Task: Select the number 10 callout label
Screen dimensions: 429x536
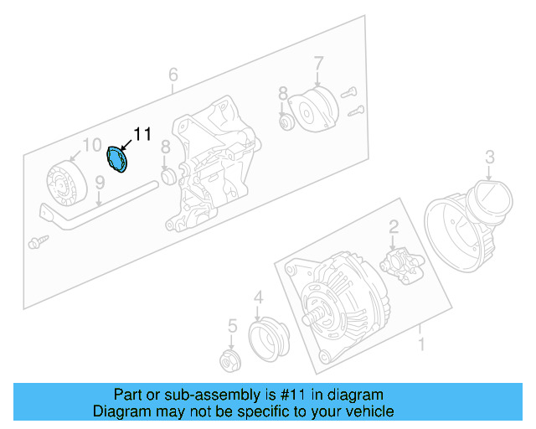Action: (92, 143)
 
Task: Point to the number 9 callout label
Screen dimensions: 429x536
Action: (99, 183)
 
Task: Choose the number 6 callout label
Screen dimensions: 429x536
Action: (173, 75)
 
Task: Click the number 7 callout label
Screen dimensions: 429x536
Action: (318, 63)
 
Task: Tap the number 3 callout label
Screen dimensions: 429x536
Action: (491, 156)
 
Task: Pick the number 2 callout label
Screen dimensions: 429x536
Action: (392, 225)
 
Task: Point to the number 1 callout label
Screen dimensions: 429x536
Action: (421, 344)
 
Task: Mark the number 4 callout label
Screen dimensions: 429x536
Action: (259, 297)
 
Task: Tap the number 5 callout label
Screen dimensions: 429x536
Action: (234, 325)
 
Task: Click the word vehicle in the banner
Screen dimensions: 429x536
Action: (367, 411)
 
